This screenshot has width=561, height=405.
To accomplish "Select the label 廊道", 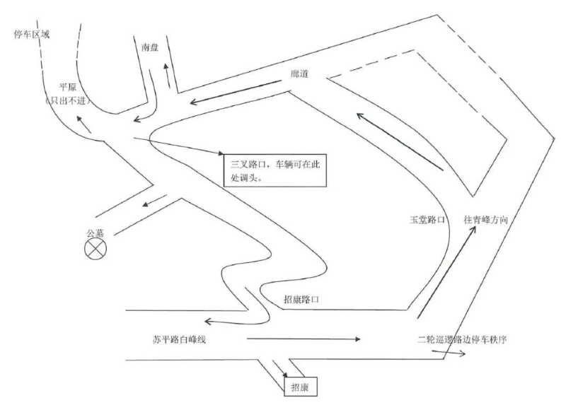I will point(300,73).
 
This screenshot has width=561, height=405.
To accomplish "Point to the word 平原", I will point(68,87).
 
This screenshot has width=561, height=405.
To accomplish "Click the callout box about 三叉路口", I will point(274,168).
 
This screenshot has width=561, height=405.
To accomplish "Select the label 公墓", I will point(96,232).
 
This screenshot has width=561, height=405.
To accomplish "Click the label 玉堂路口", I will point(426,221).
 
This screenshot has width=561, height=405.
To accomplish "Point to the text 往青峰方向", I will point(486,220).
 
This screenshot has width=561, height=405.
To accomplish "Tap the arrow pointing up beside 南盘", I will point(167,74).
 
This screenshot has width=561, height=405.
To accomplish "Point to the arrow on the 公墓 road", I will point(152,203).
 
